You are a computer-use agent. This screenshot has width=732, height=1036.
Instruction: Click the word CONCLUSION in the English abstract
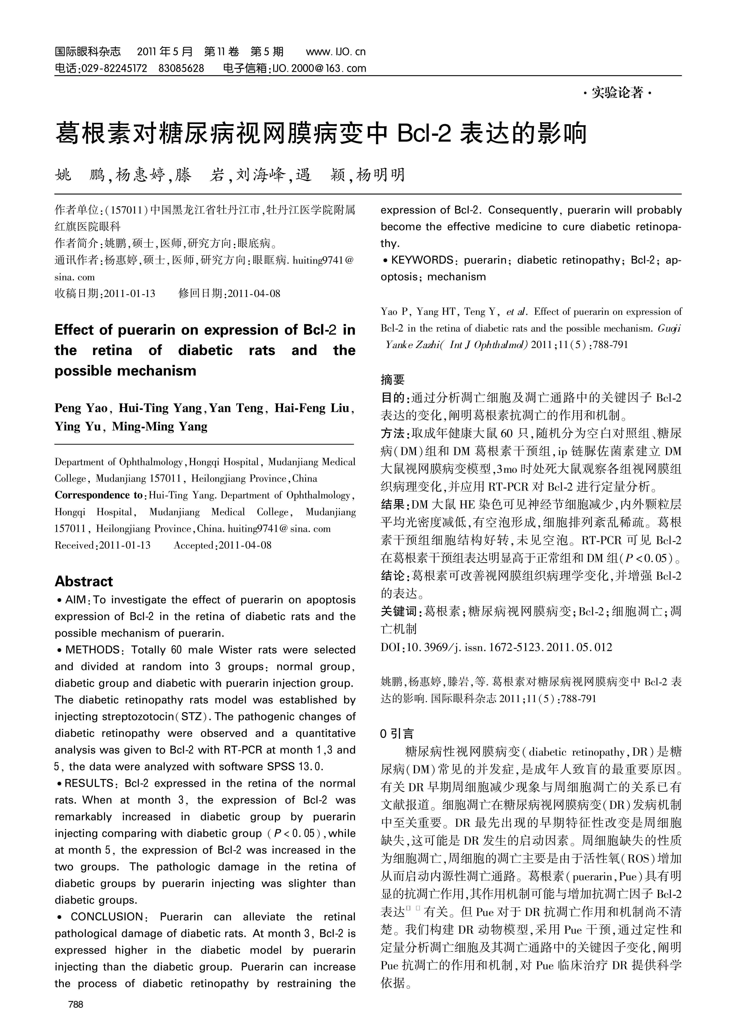pyautogui.click(x=107, y=917)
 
